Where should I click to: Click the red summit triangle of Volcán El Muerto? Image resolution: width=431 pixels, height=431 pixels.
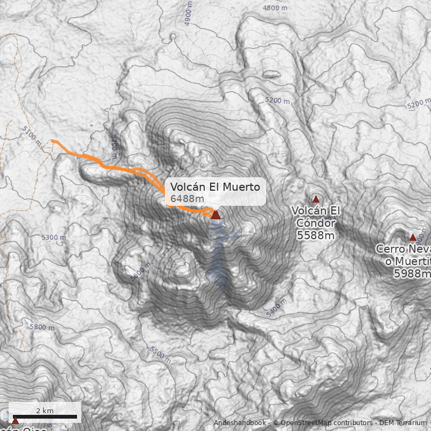[215, 215]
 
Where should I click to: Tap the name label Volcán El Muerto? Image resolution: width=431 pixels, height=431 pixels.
[215, 187]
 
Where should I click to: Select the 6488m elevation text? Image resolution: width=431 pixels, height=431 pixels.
[187, 199]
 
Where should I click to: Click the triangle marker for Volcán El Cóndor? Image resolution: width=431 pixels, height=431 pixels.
[316, 199]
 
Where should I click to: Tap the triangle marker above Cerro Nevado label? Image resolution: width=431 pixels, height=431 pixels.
[413, 237]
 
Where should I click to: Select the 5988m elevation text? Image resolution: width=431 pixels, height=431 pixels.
[412, 274]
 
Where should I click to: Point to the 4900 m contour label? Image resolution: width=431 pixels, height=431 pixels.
[188, 14]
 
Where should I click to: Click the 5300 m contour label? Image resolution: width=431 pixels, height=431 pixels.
[53, 237]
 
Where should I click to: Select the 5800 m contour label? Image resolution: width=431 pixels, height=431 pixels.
[42, 327]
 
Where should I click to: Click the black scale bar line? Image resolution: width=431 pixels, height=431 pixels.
[45, 417]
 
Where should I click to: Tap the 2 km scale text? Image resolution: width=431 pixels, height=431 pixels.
[45, 411]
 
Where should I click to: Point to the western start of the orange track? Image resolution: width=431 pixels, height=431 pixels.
[52, 141]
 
